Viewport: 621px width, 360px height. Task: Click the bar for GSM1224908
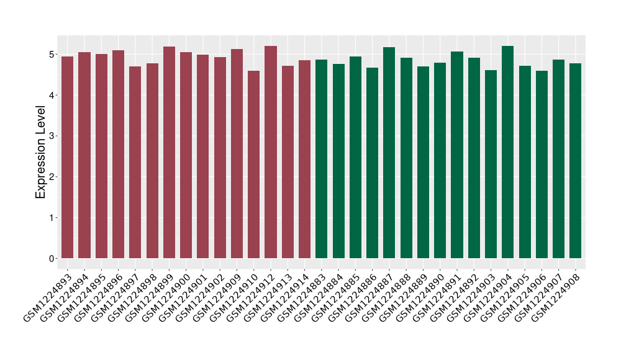[x=576, y=161]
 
